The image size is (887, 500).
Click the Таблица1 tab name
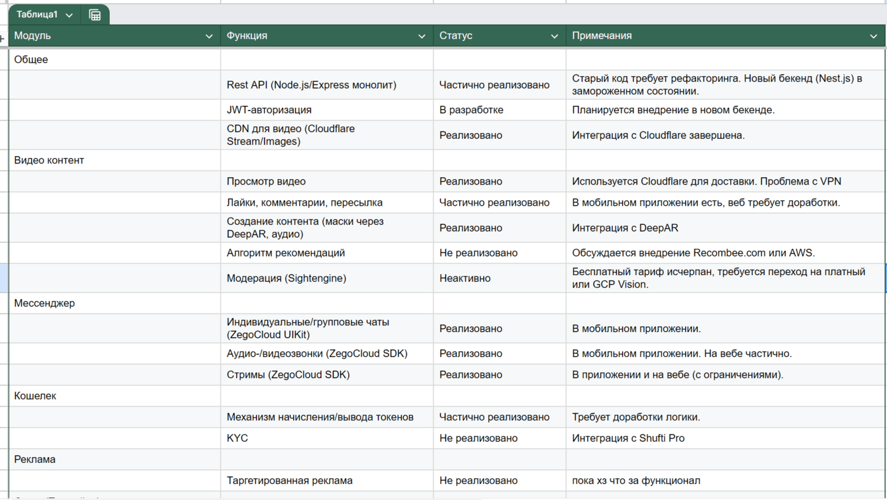tap(37, 15)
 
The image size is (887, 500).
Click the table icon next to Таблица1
tap(95, 15)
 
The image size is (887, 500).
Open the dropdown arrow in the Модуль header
tap(209, 36)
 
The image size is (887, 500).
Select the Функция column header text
tap(247, 36)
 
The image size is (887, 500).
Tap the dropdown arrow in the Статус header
tap(554, 36)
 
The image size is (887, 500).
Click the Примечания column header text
tap(602, 36)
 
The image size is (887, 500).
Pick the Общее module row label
tap(31, 60)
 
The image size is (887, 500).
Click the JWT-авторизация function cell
tap(269, 110)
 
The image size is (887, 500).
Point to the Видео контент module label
tap(49, 160)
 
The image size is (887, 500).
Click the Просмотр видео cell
tap(266, 181)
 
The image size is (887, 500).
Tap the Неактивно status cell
tap(465, 278)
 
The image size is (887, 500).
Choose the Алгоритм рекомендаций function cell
tap(286, 253)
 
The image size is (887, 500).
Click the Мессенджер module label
tap(44, 303)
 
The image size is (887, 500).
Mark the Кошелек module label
tap(35, 396)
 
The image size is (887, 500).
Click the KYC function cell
tap(238, 438)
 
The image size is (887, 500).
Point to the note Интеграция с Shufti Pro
tap(628, 438)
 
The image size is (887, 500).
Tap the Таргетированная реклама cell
tap(290, 480)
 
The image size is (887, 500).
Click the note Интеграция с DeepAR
tap(625, 228)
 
